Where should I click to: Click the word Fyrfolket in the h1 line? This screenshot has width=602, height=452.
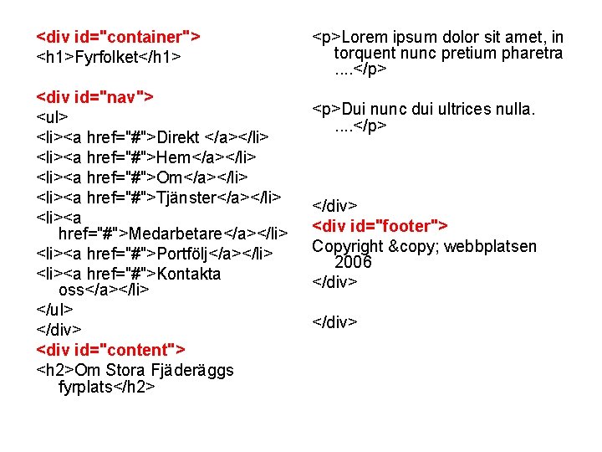click(x=106, y=57)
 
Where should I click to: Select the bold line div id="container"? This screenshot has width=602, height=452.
click(x=118, y=37)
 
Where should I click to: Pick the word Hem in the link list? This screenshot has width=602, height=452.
click(x=174, y=157)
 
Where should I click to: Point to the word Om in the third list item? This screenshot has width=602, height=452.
click(x=170, y=177)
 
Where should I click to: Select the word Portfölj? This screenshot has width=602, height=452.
click(x=185, y=252)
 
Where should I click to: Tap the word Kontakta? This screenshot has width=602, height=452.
click(x=189, y=273)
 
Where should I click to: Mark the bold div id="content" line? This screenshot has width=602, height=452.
click(x=111, y=348)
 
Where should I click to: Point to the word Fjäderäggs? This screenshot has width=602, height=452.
click(x=191, y=370)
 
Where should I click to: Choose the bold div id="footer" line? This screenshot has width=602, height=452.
click(x=380, y=226)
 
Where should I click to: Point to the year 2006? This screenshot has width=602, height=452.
click(x=353, y=263)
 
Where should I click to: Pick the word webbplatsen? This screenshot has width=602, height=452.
click(x=491, y=246)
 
